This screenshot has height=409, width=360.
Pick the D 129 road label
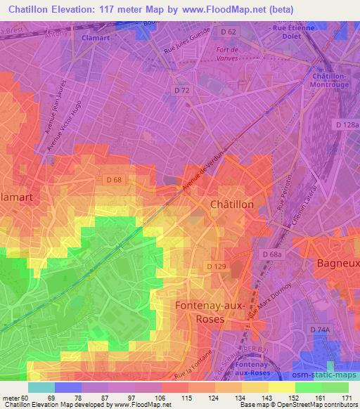tap(216, 266)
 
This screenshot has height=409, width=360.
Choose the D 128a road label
tap(347, 124)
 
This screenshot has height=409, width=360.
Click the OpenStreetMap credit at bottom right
tap(329, 405)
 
